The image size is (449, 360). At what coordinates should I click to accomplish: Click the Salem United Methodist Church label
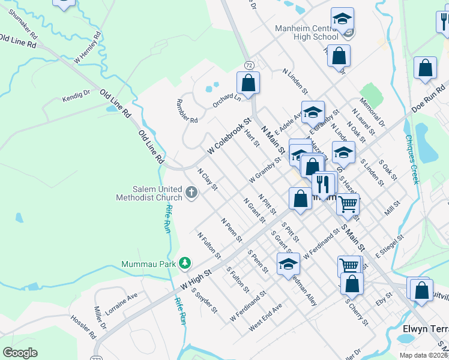coord(150,193)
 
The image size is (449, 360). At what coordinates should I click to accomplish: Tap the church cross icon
coord(191,193)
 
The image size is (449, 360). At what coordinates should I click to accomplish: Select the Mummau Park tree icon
coord(185,263)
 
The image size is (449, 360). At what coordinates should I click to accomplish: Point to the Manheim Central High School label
coord(307,32)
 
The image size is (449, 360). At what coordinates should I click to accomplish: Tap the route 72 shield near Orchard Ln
coord(248,64)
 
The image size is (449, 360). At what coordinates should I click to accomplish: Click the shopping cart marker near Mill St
coord(348,204)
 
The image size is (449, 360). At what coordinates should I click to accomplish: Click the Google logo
coord(20,353)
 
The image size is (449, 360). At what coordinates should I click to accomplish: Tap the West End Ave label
coord(265,316)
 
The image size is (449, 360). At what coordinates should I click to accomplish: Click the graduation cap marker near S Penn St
coord(288,263)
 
